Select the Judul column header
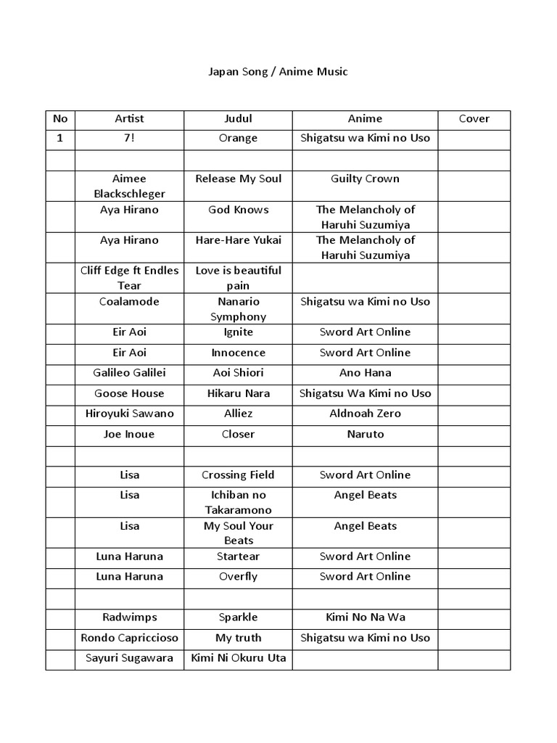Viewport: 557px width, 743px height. pos(238,118)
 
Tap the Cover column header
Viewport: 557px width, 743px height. pos(474,118)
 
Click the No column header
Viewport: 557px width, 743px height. pos(60,118)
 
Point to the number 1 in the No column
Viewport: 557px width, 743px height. pos(60,138)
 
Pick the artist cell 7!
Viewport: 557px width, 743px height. pos(129,138)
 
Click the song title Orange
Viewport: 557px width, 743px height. pos(238,138)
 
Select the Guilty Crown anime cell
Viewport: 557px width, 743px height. pos(365,178)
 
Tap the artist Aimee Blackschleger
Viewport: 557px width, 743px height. pos(129,186)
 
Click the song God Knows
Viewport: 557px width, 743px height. pos(238,210)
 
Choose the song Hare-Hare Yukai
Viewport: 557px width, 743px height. pos(238,240)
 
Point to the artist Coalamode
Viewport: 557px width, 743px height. pos(129,301)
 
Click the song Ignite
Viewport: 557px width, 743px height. pos(238,332)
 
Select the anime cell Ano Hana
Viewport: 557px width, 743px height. pos(365,372)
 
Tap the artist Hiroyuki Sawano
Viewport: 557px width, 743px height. pos(129,413)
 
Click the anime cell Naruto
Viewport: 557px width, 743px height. pos(365,434)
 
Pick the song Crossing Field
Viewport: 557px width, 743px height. pos(238,475)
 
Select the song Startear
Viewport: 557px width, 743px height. pos(238,556)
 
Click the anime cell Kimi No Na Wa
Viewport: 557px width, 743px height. pos(365,617)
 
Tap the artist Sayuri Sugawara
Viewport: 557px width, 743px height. pos(129,658)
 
